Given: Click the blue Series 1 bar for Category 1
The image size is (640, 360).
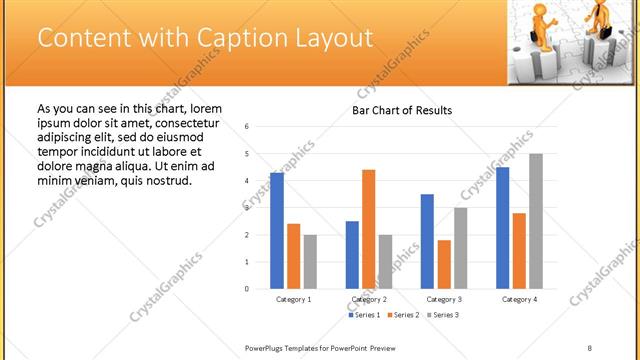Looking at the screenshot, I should coord(277,231).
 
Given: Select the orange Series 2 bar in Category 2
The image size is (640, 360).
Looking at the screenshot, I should coord(369,229).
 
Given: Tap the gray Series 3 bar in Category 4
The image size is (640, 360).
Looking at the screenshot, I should coord(536,221).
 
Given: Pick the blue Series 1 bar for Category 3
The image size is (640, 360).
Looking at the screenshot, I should coord(427,241).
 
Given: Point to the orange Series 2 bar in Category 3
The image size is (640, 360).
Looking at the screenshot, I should coord(444,264).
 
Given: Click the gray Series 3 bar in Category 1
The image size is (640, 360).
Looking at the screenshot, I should coord(310,262).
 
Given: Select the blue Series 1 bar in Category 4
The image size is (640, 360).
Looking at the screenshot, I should coord(502,228).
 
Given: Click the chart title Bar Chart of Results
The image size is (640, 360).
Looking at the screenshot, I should coord(402,110).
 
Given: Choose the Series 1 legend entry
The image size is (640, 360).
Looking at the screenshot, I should coord(365,315).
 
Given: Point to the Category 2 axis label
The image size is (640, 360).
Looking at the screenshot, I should coord(369,299).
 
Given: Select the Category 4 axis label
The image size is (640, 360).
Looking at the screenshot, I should coord(519,299).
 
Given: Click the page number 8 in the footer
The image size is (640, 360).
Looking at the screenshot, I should coord(590,347).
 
